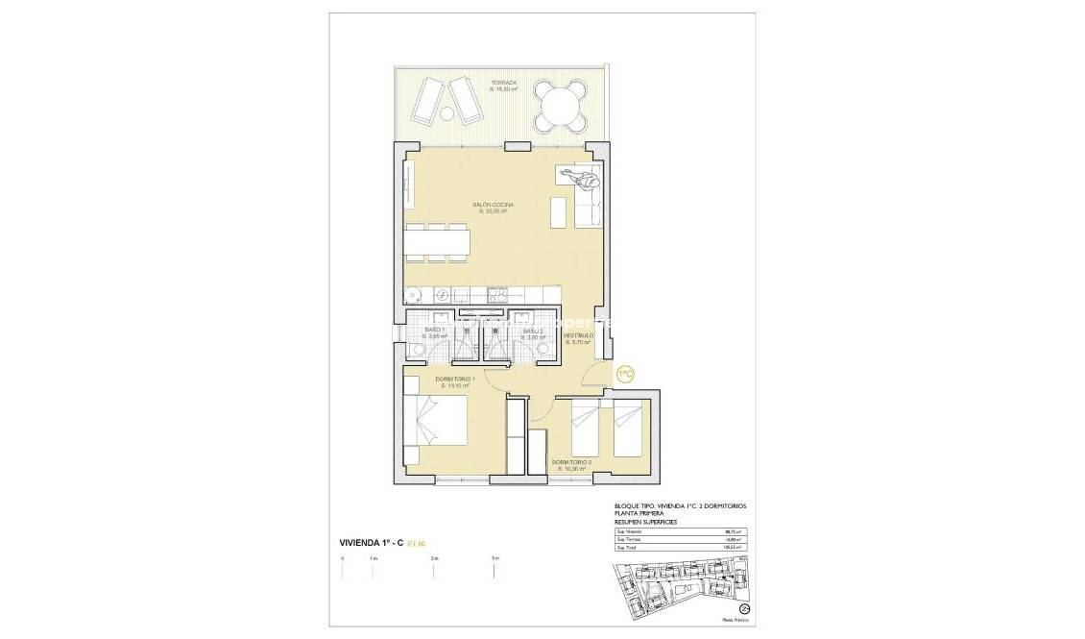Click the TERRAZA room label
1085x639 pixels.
click(503, 83)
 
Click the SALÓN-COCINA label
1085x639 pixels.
click(492, 206)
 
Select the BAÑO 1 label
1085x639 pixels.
click(434, 331)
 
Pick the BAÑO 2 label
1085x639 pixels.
click(533, 331)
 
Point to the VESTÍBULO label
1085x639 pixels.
click(577, 335)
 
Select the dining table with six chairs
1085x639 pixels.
click(437, 242)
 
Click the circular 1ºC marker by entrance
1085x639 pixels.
click(625, 373)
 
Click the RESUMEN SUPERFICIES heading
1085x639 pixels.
click(645, 521)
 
